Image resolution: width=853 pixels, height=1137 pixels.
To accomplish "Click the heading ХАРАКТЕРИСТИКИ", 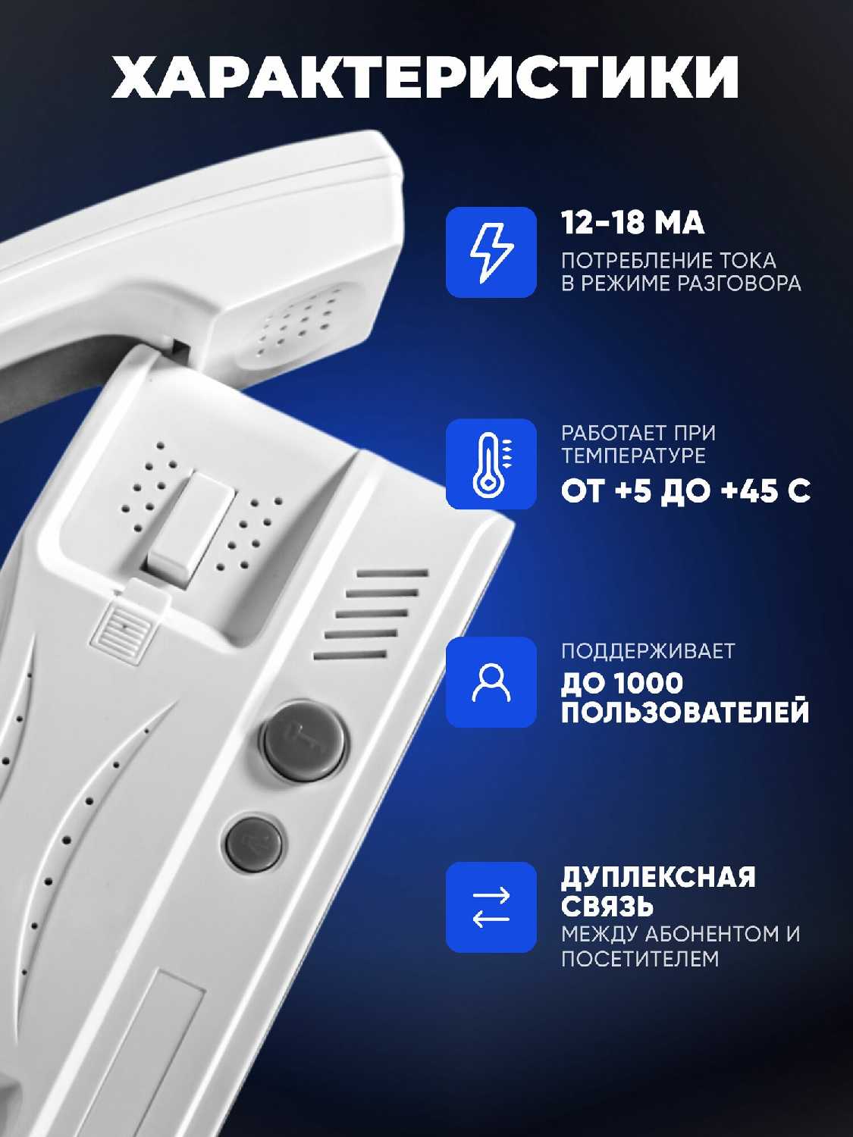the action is pyautogui.click(x=425, y=77).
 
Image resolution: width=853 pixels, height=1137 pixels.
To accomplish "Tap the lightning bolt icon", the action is pyautogui.click(x=491, y=252).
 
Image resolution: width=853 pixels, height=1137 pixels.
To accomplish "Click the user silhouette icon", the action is pyautogui.click(x=491, y=683).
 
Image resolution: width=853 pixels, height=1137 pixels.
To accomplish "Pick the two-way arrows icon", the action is pyautogui.click(x=491, y=907).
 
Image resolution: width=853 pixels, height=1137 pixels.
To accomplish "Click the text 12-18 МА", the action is pyautogui.click(x=633, y=224).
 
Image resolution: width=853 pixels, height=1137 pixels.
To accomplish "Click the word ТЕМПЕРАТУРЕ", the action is pyautogui.click(x=633, y=456).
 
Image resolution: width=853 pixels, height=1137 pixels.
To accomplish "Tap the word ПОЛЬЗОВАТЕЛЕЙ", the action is pyautogui.click(x=685, y=712).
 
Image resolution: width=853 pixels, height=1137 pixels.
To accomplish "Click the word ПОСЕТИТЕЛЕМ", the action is pyautogui.click(x=640, y=958).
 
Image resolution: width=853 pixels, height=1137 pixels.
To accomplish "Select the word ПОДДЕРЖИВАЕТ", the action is pyautogui.click(x=648, y=650).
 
